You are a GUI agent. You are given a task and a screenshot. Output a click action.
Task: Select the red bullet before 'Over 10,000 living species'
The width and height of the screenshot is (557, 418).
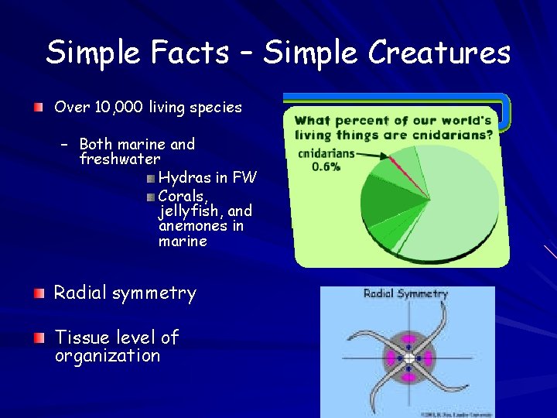[38, 107]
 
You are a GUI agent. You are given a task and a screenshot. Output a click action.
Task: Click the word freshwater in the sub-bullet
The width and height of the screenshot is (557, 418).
[120, 159]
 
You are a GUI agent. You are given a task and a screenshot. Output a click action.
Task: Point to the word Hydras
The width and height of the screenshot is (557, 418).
[185, 178]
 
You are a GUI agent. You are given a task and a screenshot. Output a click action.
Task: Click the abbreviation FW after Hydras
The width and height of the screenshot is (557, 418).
[244, 178]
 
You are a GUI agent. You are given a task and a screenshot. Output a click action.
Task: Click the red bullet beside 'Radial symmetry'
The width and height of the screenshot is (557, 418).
[38, 293]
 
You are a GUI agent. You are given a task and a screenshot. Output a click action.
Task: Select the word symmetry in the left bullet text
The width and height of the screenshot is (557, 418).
[154, 293]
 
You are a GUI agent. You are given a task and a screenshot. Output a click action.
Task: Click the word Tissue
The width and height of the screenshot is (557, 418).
[79, 337]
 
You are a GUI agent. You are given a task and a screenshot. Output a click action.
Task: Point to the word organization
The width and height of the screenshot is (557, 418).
[108, 356]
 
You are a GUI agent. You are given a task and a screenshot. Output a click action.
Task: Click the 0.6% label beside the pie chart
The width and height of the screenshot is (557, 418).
[326, 166]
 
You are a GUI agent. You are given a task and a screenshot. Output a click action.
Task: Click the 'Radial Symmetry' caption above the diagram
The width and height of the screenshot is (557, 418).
[406, 294]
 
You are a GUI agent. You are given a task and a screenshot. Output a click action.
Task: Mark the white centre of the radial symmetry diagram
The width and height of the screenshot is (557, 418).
[408, 358]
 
